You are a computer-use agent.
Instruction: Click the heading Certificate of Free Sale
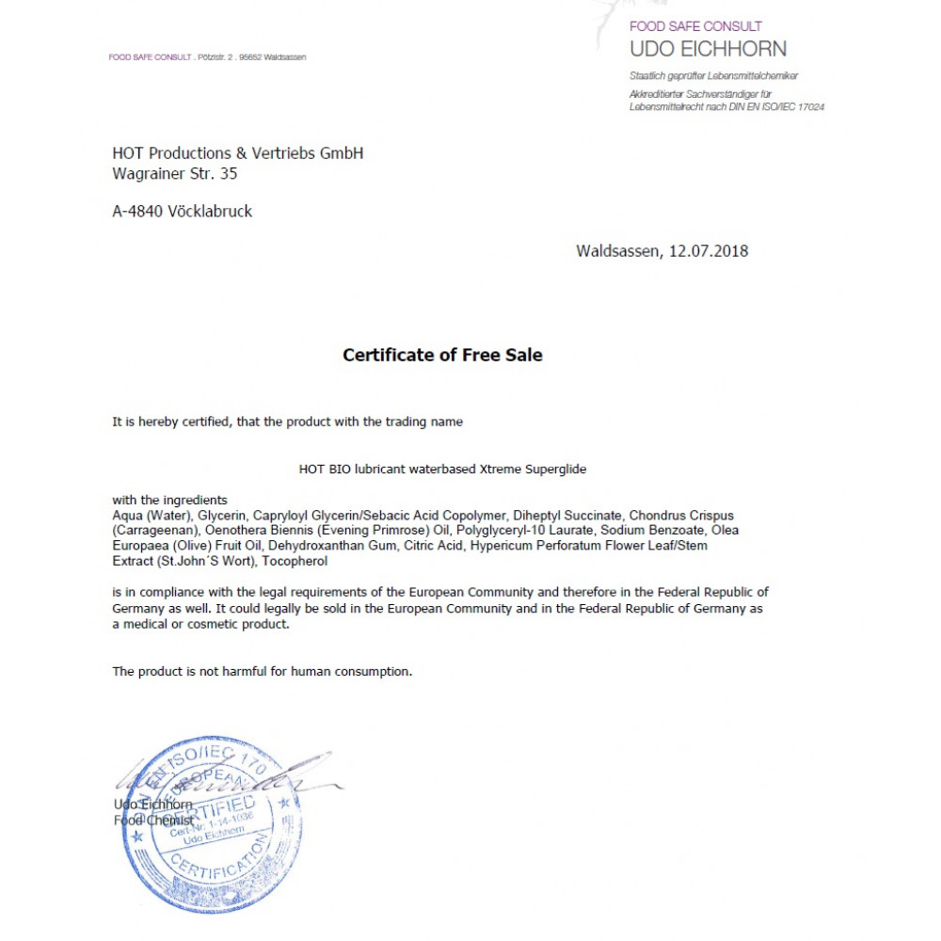[x=442, y=356]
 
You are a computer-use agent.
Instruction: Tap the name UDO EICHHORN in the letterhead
[x=708, y=49]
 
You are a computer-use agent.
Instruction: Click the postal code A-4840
[x=137, y=212]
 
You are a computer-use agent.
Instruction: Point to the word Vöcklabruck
[x=210, y=212]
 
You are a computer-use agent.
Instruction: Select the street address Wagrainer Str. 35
[x=175, y=173]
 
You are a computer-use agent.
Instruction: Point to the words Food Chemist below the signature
[x=152, y=821]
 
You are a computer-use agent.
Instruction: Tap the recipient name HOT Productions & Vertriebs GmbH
[x=237, y=153]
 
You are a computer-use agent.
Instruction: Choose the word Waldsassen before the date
[x=618, y=251]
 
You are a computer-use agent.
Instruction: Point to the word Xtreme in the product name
[x=499, y=469]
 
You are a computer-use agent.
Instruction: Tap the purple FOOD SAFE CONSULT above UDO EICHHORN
[x=695, y=26]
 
